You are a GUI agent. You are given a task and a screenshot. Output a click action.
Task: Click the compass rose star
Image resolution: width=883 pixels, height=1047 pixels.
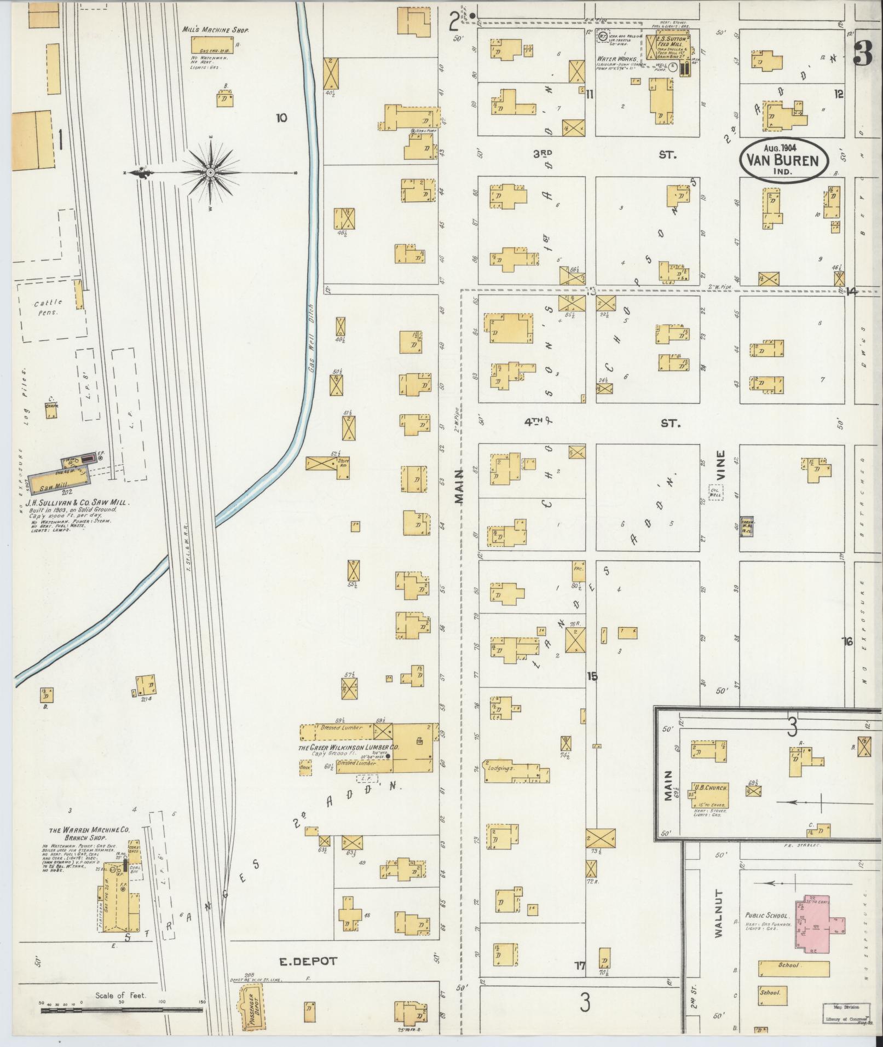pos(211,173)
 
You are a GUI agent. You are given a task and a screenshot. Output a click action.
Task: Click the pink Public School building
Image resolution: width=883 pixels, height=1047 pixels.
pos(819,923)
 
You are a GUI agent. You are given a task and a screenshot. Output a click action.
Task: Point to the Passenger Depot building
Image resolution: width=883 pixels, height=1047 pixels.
pos(250,1005)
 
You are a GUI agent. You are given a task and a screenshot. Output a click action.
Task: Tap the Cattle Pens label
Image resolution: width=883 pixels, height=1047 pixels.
pos(49,306)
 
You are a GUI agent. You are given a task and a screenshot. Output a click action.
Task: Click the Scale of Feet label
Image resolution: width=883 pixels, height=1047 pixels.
pos(120,995)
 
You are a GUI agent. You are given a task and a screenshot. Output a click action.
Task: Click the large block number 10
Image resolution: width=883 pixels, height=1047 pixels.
pos(282,118)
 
